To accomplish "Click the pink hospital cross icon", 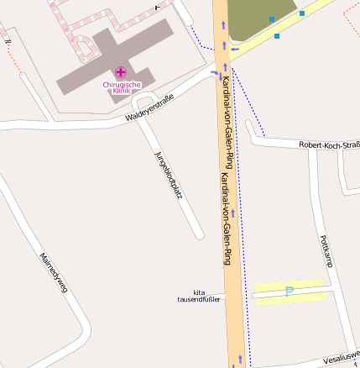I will coord(121,72).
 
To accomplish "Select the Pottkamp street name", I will coord(326,251).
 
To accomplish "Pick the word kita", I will coord(199,292).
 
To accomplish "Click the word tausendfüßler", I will coord(197,299).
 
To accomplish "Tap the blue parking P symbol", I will coord(290,292).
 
